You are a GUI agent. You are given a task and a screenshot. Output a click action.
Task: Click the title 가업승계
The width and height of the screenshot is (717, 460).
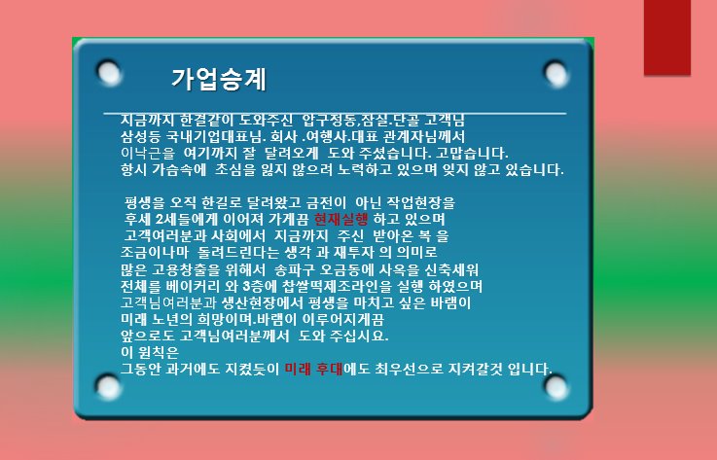pos(219,80)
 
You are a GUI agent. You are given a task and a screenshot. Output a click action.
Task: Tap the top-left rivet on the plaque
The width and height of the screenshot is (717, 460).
pos(109,72)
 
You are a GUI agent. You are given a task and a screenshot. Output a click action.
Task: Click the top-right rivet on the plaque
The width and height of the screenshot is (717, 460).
pos(556,74)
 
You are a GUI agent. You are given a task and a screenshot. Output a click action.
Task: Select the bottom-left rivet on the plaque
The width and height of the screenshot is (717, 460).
pos(109,387)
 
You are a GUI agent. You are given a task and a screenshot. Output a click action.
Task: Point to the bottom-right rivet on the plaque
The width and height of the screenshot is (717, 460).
pos(556,388)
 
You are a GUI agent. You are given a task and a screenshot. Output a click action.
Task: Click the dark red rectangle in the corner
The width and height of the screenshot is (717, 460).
pos(667,37)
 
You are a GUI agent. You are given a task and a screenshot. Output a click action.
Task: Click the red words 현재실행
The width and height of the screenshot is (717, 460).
pos(341,220)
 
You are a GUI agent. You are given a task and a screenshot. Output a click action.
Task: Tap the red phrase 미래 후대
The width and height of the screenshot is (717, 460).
pos(313,369)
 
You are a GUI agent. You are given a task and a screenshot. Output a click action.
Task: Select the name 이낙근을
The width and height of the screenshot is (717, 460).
pos(148,153)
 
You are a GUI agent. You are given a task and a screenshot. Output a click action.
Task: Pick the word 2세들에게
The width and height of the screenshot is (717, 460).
pos(187,220)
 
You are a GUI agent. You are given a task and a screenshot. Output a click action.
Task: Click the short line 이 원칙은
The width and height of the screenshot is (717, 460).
pos(150,352)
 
